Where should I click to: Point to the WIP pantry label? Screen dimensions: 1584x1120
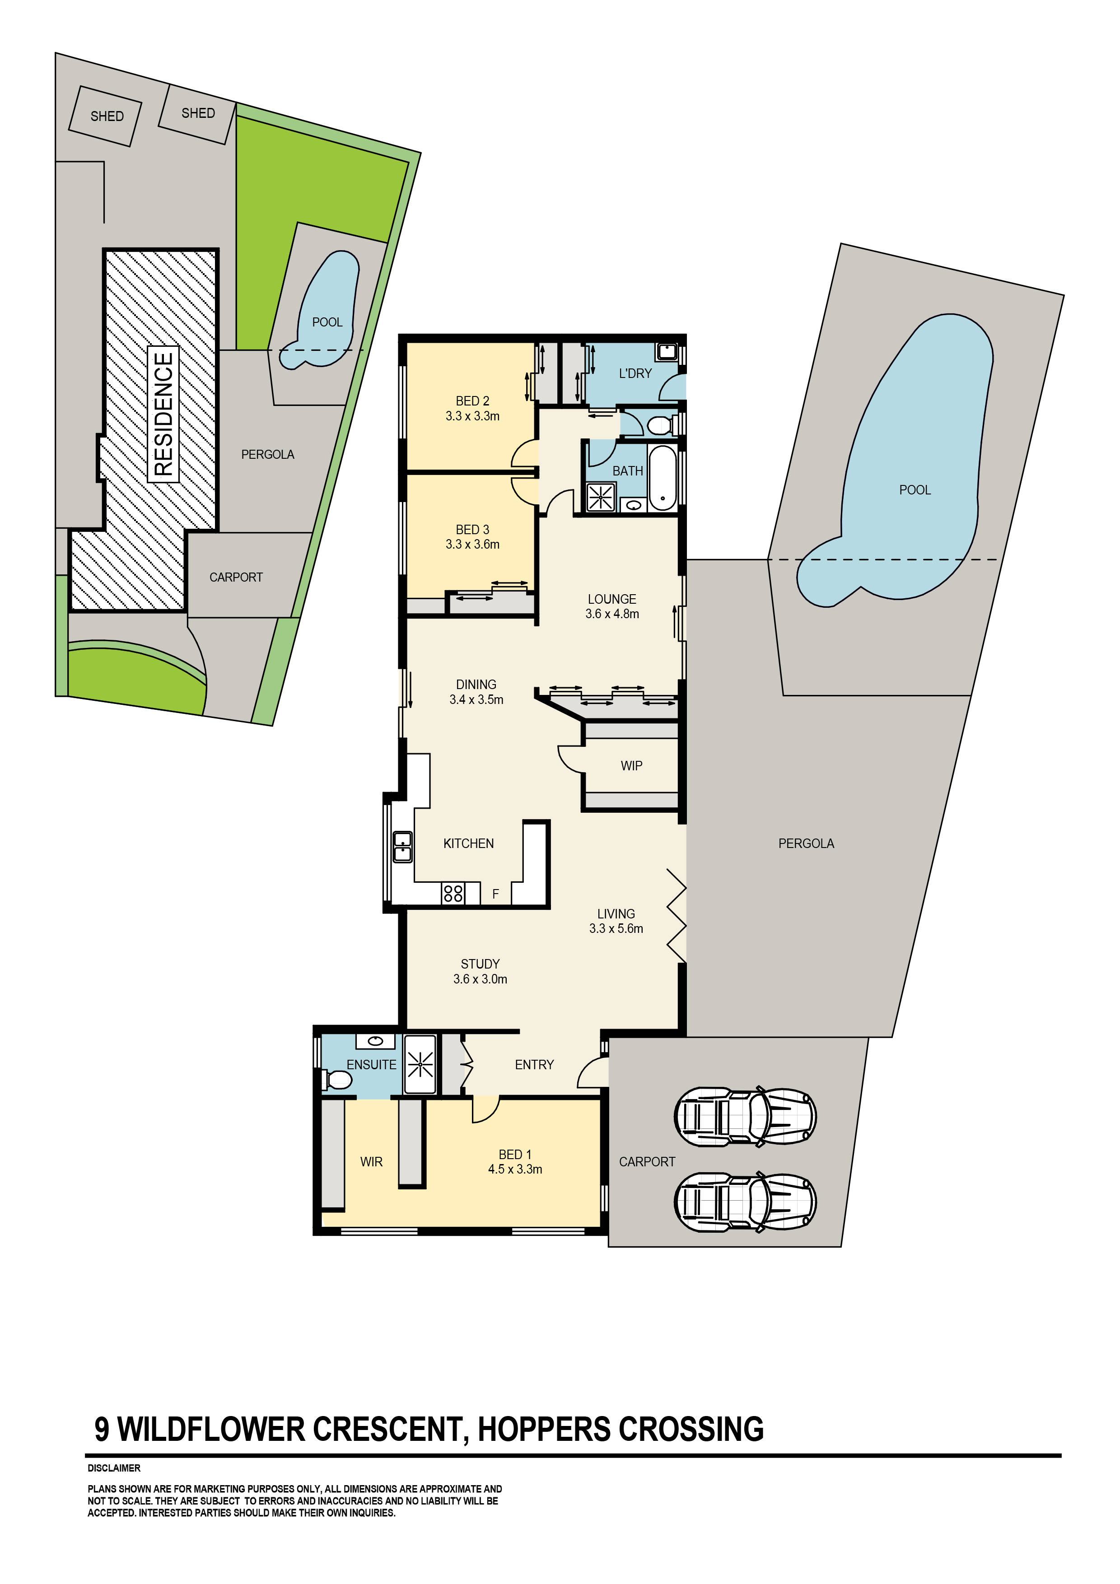[x=631, y=766]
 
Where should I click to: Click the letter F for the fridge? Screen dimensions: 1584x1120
[x=495, y=894]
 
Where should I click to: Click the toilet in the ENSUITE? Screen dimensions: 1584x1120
[x=336, y=1079]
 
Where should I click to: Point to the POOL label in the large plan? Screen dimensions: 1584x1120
[x=915, y=490]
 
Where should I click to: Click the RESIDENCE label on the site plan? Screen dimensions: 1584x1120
[x=163, y=414]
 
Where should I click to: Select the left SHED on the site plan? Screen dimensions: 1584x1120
[x=106, y=116]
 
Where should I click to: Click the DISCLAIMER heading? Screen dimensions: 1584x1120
[x=114, y=1468]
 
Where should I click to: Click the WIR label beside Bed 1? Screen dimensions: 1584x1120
[x=371, y=1162]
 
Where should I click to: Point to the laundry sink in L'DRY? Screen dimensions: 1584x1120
[x=667, y=352]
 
